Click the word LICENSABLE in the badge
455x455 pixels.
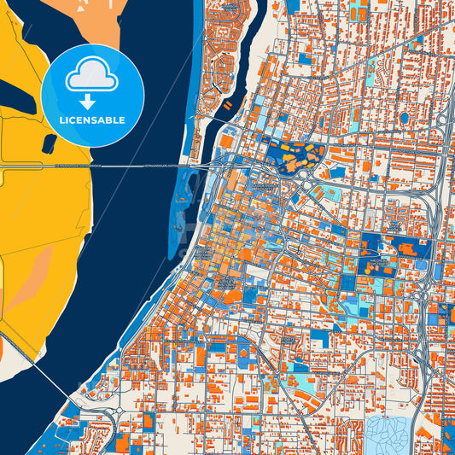[92, 120]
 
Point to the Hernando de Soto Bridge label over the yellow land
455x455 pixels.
[77, 166]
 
